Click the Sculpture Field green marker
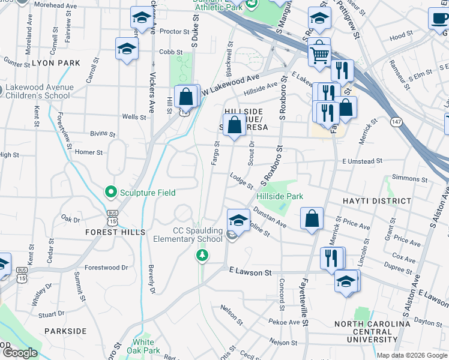tap(110, 193)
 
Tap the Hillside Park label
tap(280, 196)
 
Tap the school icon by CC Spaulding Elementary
tap(238, 220)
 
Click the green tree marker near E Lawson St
tap(203, 256)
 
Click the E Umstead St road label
tap(363, 161)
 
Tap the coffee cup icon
tap(439, 17)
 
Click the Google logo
tap(19, 353)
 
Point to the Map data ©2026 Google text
tap(412, 355)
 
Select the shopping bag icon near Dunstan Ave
tap(312, 220)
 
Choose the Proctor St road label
tap(175, 31)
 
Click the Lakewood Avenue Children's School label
tap(40, 91)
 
